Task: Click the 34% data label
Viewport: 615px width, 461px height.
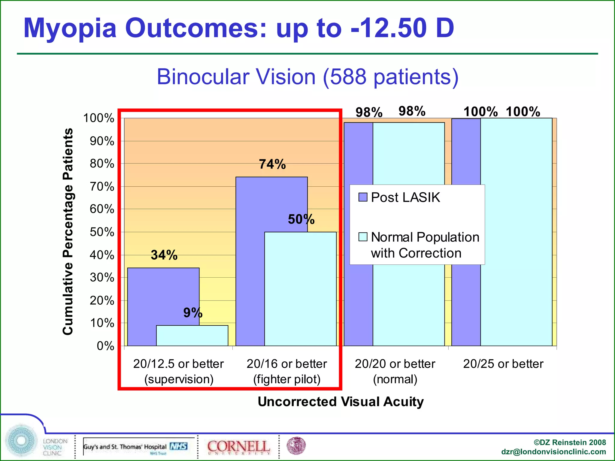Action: [x=164, y=255]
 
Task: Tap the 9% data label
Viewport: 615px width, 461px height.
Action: [x=193, y=313]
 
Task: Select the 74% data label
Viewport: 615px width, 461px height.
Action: [x=272, y=164]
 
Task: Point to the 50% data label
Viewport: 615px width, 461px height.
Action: [x=301, y=219]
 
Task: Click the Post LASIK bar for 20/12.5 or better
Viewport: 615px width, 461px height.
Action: [x=141, y=306]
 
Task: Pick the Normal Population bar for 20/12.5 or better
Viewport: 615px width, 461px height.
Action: [x=192, y=336]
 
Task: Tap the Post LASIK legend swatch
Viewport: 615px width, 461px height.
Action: [x=363, y=197]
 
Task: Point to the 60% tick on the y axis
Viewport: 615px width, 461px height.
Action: [x=102, y=209]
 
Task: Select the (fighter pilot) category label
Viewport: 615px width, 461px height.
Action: [x=287, y=379]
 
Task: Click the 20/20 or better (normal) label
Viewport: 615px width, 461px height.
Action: [x=395, y=371]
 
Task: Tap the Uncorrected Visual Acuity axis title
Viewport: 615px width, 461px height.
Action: [x=341, y=402]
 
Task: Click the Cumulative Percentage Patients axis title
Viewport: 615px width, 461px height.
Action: [x=68, y=231]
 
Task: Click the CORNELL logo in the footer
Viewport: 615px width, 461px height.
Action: [x=238, y=447]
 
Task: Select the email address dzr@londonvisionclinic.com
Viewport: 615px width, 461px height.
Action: [x=553, y=452]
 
